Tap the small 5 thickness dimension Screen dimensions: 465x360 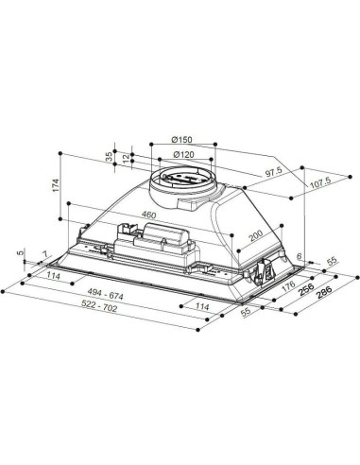point(21,253)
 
